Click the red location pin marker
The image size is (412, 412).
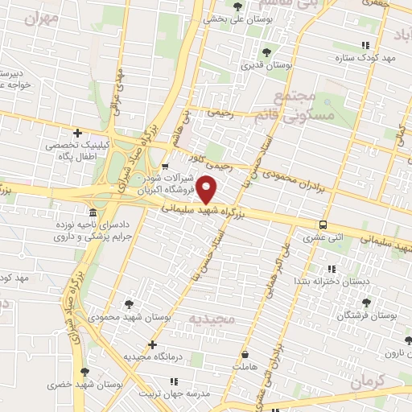[208, 190]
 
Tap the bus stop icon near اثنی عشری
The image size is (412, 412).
[323, 225]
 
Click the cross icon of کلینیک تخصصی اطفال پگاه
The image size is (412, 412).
[77, 133]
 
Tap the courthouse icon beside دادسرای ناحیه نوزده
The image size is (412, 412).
[93, 213]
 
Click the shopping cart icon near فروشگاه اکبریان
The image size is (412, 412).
[165, 167]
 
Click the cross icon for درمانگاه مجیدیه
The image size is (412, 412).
[152, 344]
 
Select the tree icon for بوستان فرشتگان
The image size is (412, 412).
[366, 303]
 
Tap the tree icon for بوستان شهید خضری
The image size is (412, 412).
[84, 372]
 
